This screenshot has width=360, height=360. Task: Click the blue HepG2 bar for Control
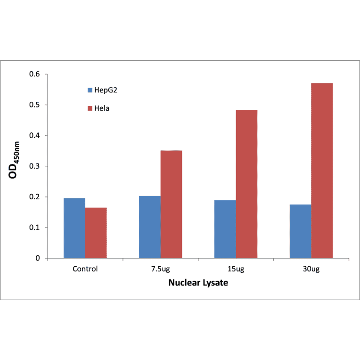[74, 228]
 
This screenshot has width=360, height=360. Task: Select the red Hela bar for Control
[96, 233]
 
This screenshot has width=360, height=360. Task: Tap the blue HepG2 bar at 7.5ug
[150, 227]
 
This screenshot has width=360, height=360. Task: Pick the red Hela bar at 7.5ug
[171, 204]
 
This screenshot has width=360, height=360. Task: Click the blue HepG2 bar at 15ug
[225, 229]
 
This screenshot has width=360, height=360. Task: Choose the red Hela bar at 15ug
[246, 184]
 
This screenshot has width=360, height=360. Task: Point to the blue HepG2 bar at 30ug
[301, 231]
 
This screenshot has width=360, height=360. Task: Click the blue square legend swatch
[90, 90]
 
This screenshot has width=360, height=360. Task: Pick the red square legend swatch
[90, 108]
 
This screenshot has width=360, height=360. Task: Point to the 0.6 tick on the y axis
[35, 74]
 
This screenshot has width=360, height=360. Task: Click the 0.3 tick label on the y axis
[35, 166]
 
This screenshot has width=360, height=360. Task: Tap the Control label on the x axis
[85, 270]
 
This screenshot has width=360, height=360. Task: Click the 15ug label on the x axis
[236, 270]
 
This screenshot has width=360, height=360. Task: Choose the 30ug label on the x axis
[311, 270]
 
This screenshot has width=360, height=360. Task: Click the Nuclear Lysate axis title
[198, 284]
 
